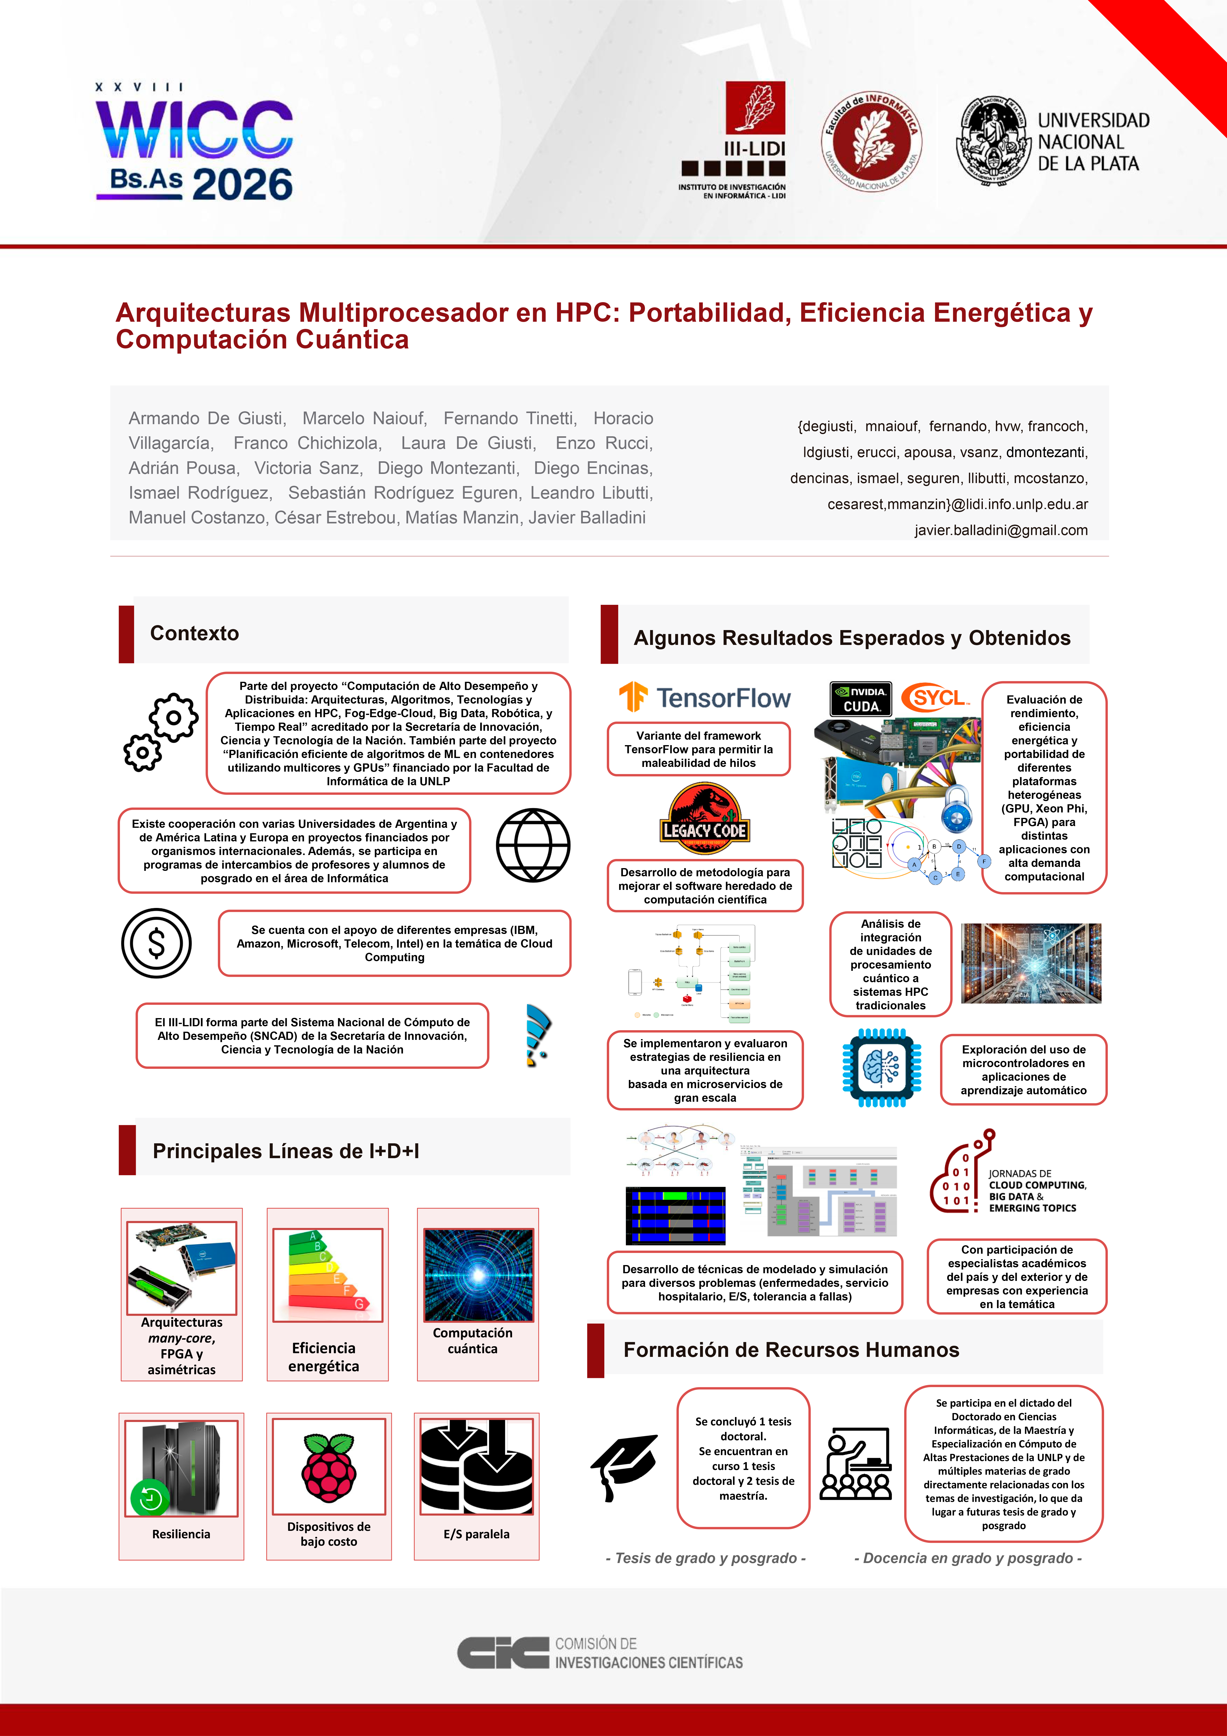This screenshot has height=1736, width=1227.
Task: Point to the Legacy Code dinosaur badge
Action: tap(705, 815)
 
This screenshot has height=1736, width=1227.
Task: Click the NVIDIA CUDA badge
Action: tap(860, 699)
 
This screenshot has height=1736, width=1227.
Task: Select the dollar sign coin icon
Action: tap(157, 943)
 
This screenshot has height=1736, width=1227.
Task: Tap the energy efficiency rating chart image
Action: tap(327, 1275)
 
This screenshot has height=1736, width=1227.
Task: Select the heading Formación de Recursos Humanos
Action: tap(791, 1350)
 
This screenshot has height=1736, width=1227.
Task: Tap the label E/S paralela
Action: tap(476, 1534)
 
